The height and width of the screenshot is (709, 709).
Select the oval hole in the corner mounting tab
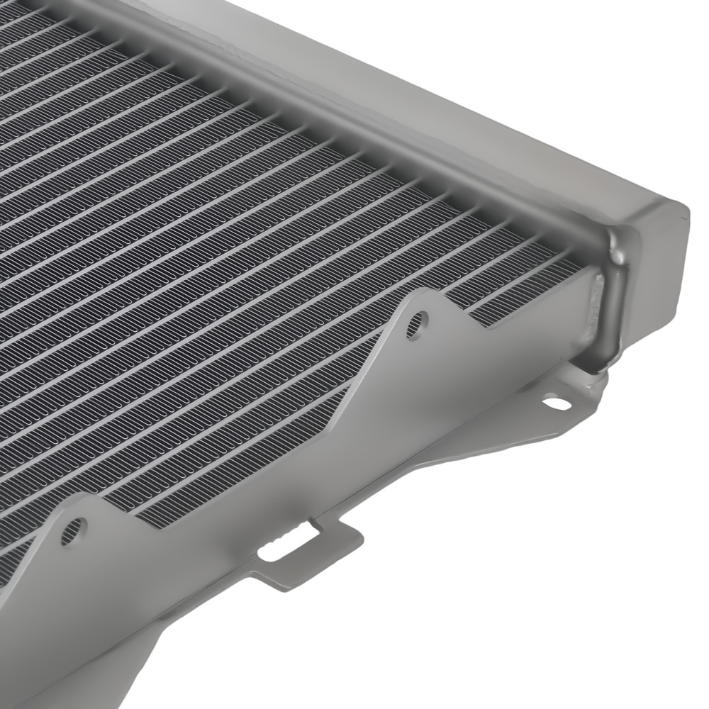tap(557, 403)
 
